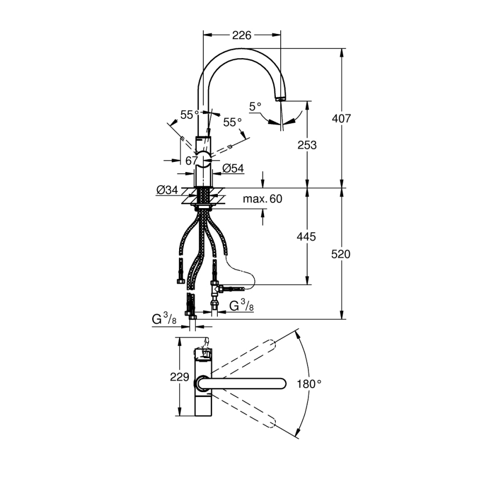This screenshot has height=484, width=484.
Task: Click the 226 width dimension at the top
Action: [x=241, y=35]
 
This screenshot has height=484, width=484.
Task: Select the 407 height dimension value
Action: [x=341, y=118]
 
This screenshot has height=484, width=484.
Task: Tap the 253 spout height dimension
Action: [x=307, y=145]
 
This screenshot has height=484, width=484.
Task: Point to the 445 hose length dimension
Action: [x=306, y=237]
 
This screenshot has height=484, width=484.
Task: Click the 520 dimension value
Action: [x=341, y=254]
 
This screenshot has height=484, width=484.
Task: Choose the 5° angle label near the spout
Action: [x=255, y=107]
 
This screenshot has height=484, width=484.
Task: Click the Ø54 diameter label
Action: [x=233, y=168]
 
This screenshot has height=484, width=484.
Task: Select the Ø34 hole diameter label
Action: [x=167, y=190]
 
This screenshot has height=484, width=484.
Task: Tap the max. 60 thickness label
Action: [x=262, y=199]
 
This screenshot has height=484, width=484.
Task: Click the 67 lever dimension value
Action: [x=191, y=160]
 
